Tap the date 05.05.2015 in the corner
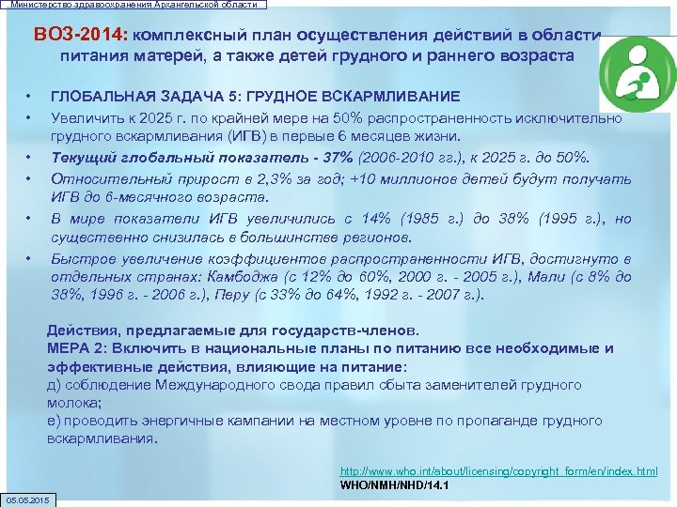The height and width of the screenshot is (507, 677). point(28,497)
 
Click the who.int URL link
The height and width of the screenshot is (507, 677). point(498,470)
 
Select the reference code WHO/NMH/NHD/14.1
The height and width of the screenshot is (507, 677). point(394,485)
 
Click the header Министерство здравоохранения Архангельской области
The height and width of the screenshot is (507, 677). point(134,5)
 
